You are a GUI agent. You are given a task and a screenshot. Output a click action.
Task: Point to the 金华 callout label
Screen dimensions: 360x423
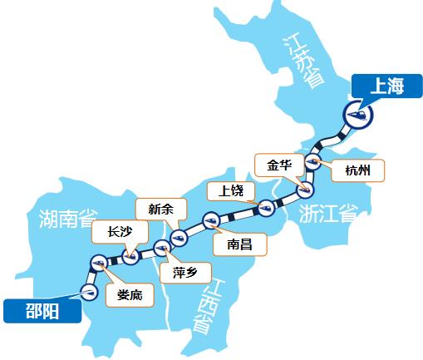[x=279, y=164]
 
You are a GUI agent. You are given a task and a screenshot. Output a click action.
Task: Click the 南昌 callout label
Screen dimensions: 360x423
[x=234, y=245]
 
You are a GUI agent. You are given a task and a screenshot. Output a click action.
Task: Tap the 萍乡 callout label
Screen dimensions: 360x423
[x=185, y=272]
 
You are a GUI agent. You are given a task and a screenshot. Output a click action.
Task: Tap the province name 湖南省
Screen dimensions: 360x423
[x=71, y=219]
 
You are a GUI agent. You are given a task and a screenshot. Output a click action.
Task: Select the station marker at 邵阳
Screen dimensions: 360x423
[x=89, y=290]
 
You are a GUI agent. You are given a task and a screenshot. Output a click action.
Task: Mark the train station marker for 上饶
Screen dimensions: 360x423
[x=267, y=207]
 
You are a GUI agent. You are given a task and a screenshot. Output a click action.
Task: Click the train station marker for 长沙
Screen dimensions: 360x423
[x=130, y=257]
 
